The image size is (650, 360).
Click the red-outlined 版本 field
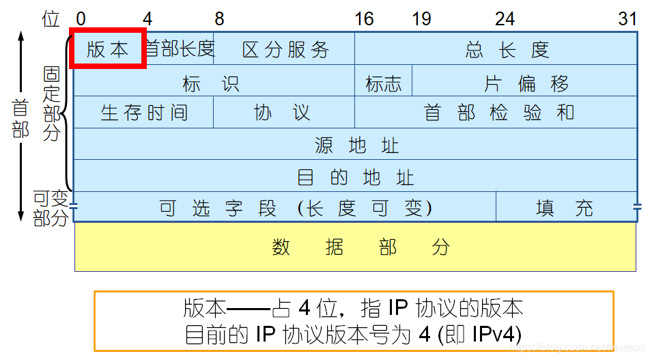(108, 49)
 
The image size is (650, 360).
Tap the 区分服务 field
(285, 49)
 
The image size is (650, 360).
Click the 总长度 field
(507, 49)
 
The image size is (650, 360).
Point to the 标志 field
(384, 84)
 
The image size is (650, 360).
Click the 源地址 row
(356, 145)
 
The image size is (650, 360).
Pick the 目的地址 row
(356, 178)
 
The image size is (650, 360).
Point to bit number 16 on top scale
(364, 18)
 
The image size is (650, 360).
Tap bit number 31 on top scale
(627, 18)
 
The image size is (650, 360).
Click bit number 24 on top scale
(505, 18)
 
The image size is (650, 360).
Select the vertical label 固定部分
(52, 103)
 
